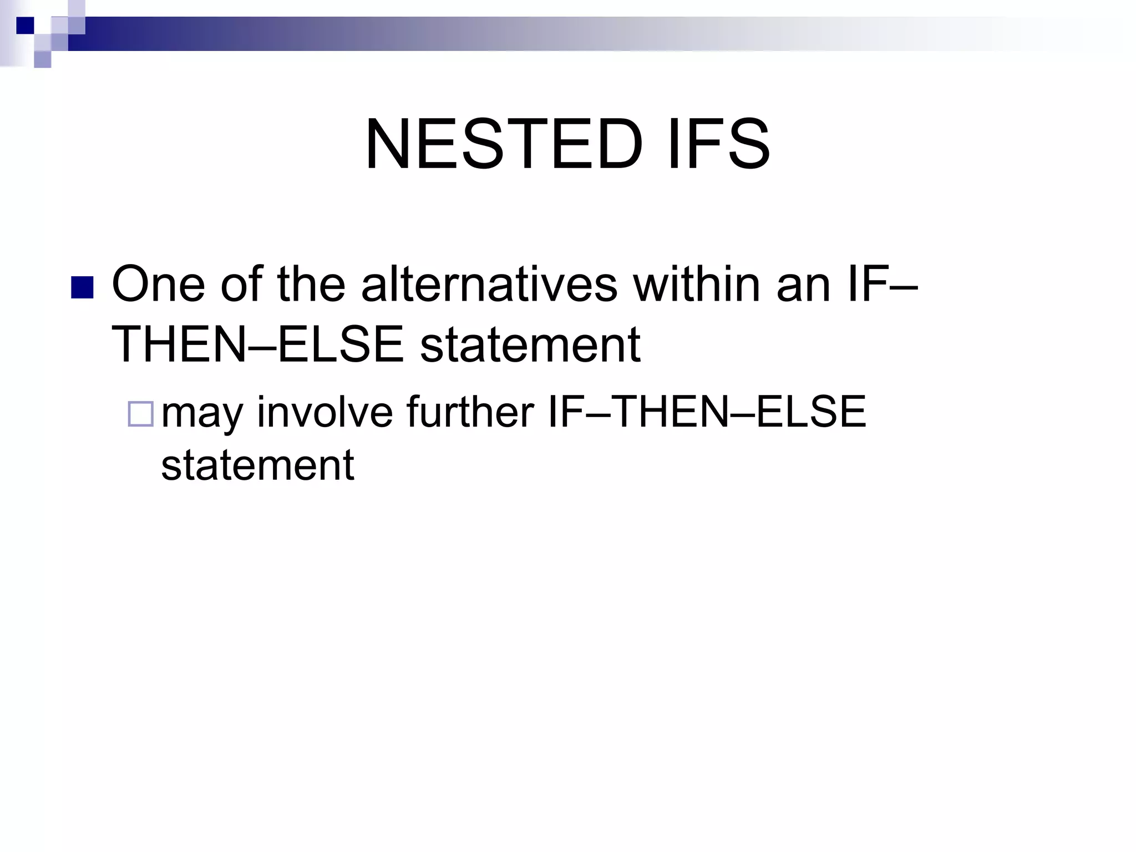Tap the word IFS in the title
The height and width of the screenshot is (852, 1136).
pos(719,145)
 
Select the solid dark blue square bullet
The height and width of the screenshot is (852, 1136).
pos(82,288)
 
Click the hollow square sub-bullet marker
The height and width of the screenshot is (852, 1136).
pos(141,414)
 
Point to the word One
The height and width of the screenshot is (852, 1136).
pos(158,284)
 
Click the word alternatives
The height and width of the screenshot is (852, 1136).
pos(489,284)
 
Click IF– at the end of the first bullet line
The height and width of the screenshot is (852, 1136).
pos(883,284)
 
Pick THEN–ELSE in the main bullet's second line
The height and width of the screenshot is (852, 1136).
pos(257,345)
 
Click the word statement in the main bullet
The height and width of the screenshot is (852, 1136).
pos(530,345)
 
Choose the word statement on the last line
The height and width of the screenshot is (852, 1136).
pos(257,464)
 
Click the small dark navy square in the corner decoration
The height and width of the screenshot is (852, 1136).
pos(25,25)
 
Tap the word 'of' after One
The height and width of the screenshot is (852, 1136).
pos(241,284)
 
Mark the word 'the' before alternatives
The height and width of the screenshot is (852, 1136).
pos(311,284)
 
